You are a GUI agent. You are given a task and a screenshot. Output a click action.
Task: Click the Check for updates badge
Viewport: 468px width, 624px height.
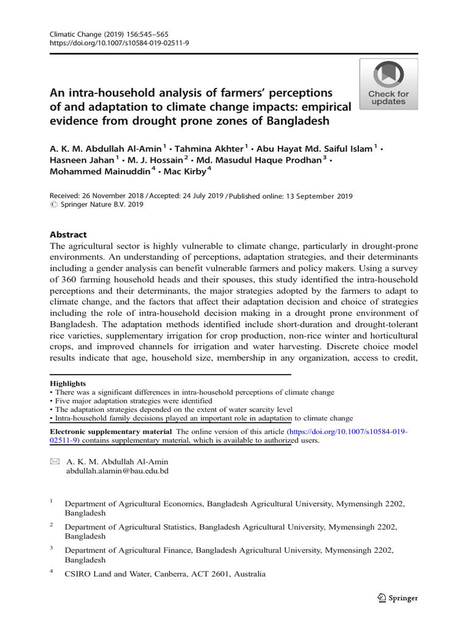(388, 84)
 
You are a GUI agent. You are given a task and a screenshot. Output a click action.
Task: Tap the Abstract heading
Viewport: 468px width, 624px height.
(68, 235)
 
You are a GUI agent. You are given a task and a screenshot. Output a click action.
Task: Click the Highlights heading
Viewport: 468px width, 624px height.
(67, 383)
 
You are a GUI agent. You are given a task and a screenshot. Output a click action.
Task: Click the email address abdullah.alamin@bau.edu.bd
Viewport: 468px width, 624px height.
(117, 471)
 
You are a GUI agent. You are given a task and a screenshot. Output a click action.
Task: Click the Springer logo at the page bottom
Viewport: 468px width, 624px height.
(397, 598)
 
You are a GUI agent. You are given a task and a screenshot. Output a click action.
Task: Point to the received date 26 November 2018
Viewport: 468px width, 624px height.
(113, 196)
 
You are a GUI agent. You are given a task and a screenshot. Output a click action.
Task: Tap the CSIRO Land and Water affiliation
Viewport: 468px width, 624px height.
(165, 573)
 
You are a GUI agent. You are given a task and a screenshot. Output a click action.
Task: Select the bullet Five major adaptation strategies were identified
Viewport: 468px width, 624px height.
(132, 401)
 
